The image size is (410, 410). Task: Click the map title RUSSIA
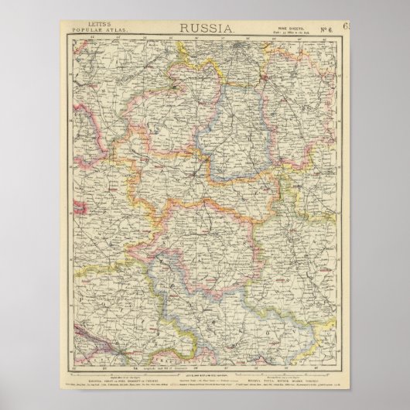coord(204,28)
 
